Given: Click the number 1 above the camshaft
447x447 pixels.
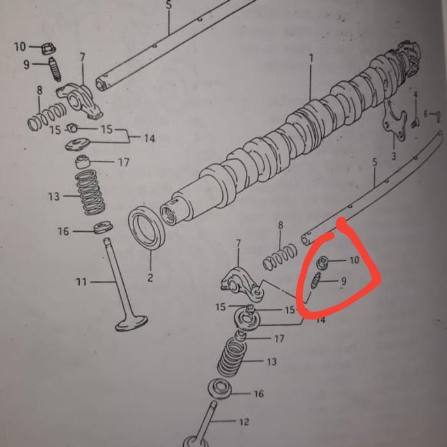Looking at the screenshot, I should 312,58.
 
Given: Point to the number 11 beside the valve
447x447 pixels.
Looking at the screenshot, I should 81,281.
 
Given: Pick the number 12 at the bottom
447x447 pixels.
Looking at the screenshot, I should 244,421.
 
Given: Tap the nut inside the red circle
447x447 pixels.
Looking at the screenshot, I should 322,261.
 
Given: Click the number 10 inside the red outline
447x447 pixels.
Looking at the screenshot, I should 354,261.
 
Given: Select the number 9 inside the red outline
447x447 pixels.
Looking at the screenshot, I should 344,280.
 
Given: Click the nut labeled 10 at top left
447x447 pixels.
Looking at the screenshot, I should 47,48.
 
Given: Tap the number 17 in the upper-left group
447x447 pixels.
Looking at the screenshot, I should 123,162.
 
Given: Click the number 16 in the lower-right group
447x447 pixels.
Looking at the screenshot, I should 258,394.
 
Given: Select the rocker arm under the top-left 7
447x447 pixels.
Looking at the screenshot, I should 81,102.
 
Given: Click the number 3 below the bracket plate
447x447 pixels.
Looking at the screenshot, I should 393,156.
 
